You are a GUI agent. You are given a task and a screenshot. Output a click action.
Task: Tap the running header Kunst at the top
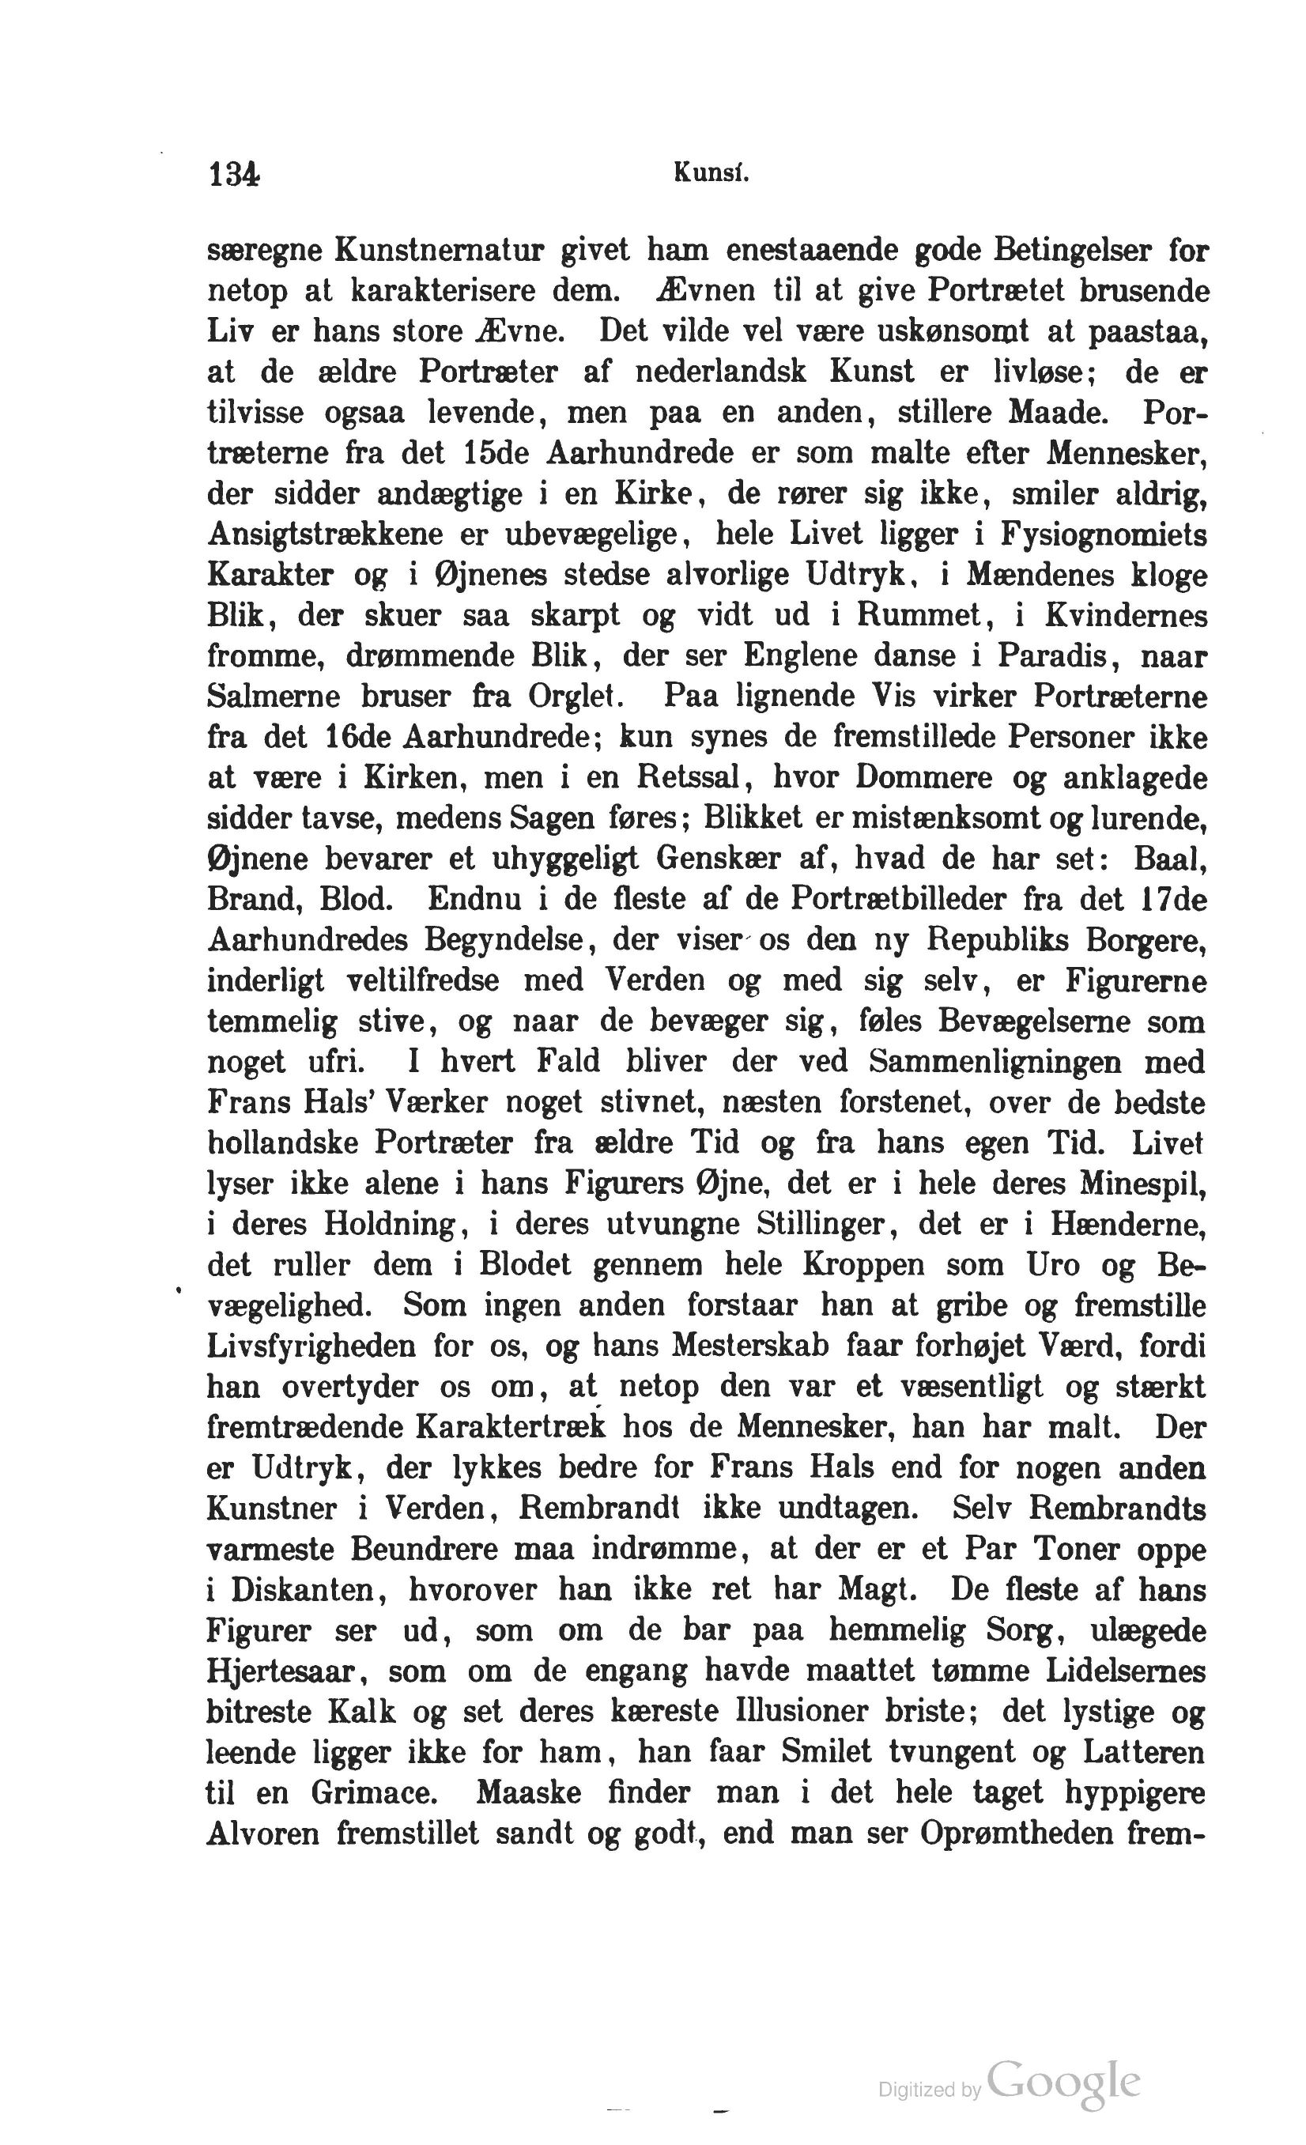point(711,174)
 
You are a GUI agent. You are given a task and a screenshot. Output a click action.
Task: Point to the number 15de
point(496,454)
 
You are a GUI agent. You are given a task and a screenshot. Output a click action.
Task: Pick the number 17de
point(1175,899)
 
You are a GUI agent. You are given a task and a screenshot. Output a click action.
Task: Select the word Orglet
point(573,697)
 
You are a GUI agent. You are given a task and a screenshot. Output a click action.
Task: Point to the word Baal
point(1169,859)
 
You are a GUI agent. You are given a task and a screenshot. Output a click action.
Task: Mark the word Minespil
point(1142,1184)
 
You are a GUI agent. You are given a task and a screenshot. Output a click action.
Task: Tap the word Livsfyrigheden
point(311,1346)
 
